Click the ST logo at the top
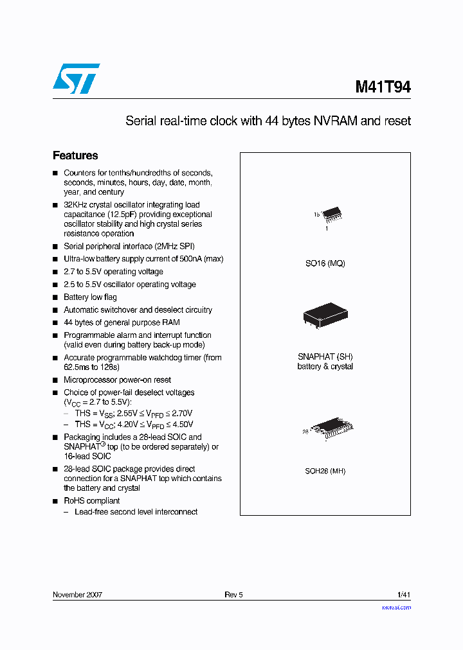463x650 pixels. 76,78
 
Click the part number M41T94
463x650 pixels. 383,87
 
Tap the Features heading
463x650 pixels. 75,155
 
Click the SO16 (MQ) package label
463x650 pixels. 325,263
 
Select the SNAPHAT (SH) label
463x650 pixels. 325,356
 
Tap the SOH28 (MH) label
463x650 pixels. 325,471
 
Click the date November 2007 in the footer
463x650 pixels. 77,595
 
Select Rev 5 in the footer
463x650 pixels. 233,595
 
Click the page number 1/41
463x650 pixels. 404,595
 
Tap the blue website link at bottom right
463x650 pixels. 396,607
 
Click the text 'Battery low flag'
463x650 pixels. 90,297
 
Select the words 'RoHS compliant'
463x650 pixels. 91,501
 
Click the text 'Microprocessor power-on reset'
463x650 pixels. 117,380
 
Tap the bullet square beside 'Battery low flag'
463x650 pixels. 55,298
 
